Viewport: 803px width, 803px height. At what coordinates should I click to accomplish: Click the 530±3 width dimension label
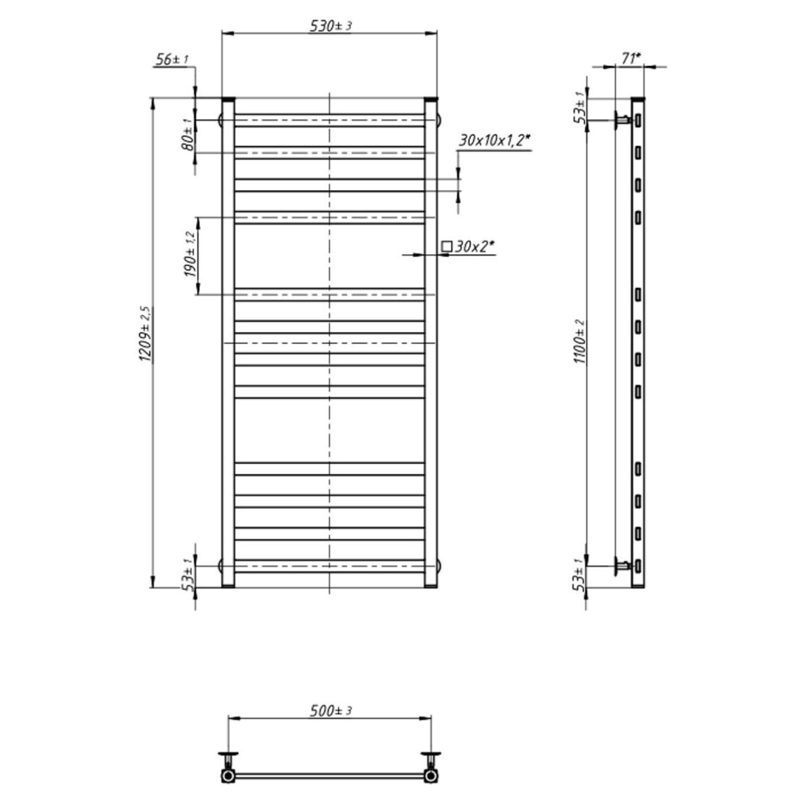[x=331, y=26]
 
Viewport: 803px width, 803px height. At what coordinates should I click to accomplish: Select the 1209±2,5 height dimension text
[x=145, y=334]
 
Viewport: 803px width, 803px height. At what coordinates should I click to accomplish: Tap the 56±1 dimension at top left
[x=172, y=59]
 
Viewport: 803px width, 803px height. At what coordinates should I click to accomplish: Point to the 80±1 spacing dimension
[x=188, y=135]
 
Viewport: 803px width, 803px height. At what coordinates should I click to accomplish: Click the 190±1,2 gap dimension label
[x=189, y=255]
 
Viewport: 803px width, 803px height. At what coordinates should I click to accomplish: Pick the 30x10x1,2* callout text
[x=495, y=140]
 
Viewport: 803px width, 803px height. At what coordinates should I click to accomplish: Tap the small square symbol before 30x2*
[x=447, y=246]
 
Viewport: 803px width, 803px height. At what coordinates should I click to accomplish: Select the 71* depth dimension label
[x=631, y=58]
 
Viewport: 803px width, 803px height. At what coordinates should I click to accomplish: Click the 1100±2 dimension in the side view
[x=579, y=341]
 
